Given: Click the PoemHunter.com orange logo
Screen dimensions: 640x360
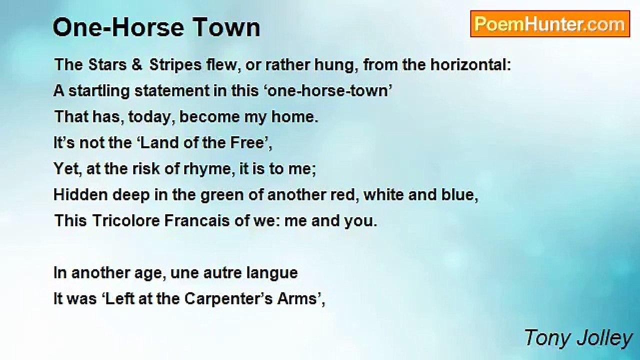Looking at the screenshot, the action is click(x=550, y=24).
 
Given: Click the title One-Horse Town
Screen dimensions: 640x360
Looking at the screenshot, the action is click(x=156, y=27).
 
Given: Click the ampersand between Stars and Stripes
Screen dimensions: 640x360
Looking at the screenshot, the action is click(x=137, y=65).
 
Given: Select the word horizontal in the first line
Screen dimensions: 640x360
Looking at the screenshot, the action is click(x=470, y=65).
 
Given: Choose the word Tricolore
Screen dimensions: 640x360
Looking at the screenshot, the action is click(x=125, y=221).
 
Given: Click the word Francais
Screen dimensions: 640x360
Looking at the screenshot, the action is click(x=197, y=221).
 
